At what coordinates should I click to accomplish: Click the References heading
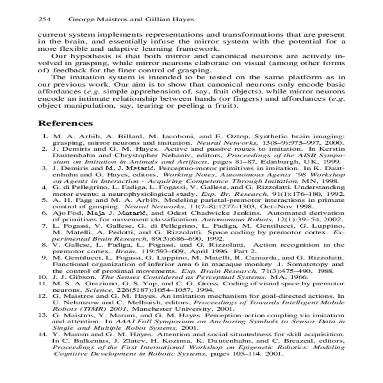[x=65, y=124]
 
